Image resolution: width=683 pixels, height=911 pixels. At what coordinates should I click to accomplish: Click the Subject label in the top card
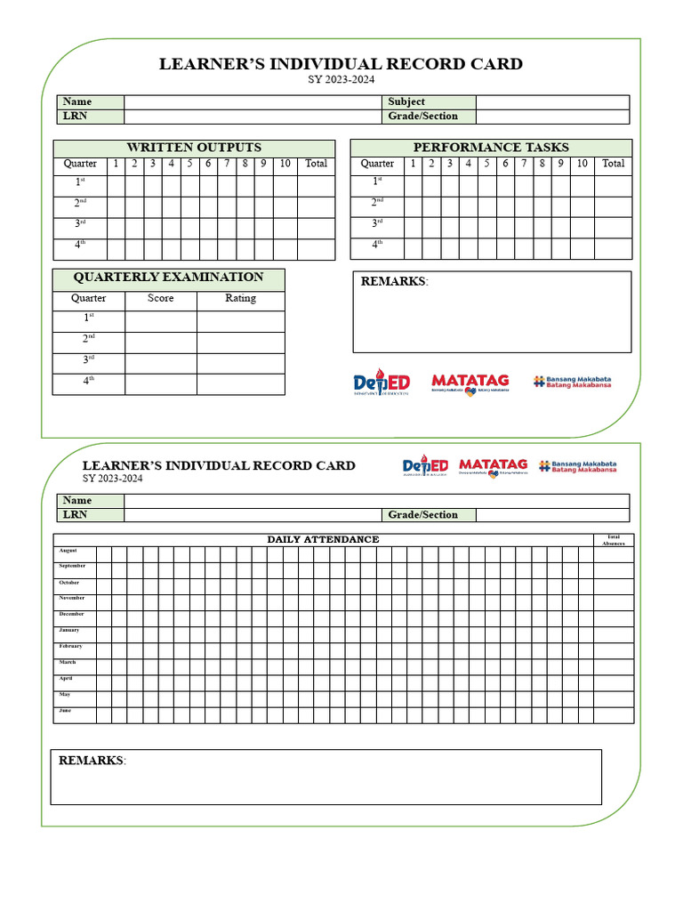[406, 102]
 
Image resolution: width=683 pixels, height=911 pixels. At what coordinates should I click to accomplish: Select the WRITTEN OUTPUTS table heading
[194, 148]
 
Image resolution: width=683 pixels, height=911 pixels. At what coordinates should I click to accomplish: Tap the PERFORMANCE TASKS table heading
[491, 148]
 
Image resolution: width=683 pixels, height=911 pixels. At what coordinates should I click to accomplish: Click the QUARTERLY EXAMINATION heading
[168, 278]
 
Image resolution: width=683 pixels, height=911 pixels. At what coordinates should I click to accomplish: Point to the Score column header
[160, 299]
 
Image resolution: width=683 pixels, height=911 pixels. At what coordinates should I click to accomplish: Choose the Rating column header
[240, 299]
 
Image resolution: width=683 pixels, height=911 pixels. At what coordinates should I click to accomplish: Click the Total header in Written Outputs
[316, 164]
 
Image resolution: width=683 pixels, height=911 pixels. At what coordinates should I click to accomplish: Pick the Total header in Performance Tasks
[614, 164]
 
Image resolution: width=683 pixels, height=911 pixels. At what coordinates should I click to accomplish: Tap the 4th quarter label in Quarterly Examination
[88, 381]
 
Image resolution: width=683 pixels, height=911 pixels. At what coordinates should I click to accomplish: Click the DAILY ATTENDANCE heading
[323, 539]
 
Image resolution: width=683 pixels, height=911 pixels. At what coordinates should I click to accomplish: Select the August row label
[68, 551]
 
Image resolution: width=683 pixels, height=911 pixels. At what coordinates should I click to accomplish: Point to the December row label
[72, 614]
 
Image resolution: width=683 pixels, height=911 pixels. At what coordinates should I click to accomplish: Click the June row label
[66, 711]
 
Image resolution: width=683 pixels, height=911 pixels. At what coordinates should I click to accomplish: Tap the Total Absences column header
[614, 539]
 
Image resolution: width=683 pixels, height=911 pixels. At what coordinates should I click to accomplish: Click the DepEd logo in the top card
[382, 382]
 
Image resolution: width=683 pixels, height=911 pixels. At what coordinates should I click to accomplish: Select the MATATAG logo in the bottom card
[493, 466]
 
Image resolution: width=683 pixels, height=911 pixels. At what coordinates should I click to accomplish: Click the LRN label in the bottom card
[75, 515]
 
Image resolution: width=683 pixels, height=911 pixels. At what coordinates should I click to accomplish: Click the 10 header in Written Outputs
[285, 164]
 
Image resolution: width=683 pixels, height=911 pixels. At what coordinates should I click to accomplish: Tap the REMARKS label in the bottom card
[91, 761]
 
